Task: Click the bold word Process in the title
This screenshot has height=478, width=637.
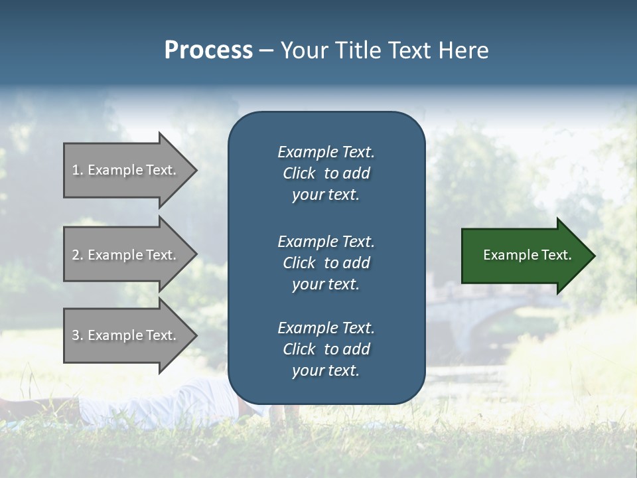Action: (208, 50)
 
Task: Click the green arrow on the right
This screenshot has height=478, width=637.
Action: (524, 255)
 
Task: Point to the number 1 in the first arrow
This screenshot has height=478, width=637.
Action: (76, 170)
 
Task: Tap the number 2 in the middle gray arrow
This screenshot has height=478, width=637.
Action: (76, 255)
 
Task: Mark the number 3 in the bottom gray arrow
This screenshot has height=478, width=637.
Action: (76, 335)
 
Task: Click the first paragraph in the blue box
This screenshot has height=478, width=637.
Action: (326, 173)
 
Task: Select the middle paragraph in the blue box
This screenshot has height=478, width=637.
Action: (326, 263)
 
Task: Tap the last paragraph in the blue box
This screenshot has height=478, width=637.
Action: (326, 349)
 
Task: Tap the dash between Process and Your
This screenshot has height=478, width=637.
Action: (266, 51)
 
